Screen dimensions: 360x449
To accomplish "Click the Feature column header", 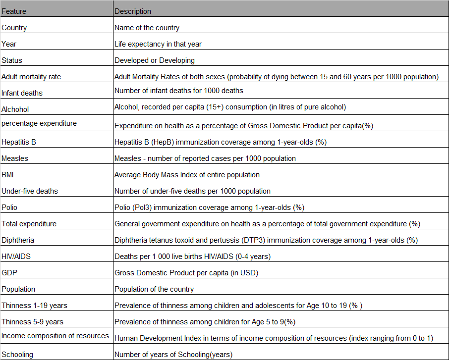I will pos(14,11).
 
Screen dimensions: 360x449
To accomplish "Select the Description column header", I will pos(133,11).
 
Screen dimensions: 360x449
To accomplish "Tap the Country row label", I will pos(14,28).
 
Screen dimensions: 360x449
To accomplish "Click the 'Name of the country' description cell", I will pos(147,28).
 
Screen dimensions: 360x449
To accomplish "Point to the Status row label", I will pos(12,60).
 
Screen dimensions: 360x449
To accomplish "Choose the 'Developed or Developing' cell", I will pos(155,60).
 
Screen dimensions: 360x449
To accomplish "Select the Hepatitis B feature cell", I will pos(19,142).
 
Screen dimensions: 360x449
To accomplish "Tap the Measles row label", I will pos(14,158).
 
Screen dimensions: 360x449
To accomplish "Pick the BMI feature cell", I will pos(8,174).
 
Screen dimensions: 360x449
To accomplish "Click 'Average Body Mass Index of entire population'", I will pos(187,174).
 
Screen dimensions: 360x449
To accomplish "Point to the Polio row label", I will pos(9,207).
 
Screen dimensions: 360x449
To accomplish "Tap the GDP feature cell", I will pos(9,272).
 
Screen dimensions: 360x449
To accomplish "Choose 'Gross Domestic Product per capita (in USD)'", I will pos(186,272).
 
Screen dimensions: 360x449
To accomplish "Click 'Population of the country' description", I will pos(154,289).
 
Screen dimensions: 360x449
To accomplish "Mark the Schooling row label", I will pos(17,354).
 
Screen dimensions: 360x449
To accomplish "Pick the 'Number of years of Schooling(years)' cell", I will pos(173,354).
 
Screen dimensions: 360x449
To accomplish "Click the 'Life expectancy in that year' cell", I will pos(158,44).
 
